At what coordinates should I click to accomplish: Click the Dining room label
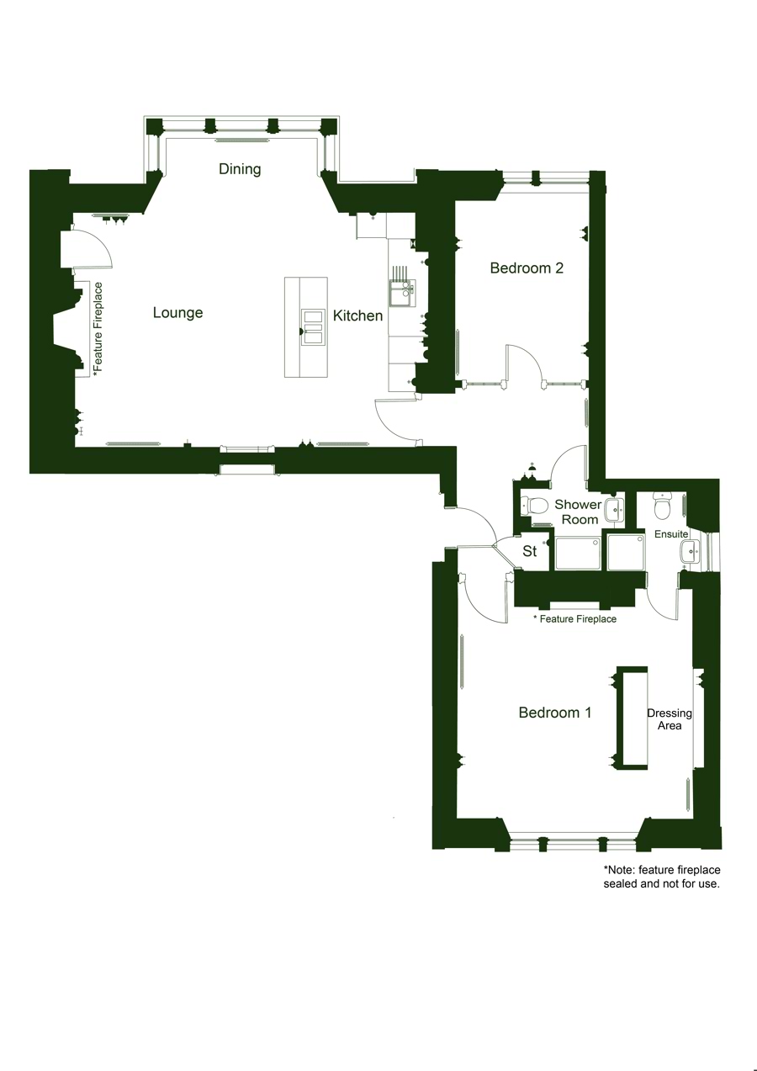pyautogui.click(x=240, y=169)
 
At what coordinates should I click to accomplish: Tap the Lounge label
pyautogui.click(x=177, y=313)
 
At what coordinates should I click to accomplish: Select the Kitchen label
pyautogui.click(x=357, y=316)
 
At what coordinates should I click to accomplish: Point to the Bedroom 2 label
pyautogui.click(x=526, y=268)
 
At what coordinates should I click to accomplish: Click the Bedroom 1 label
pyautogui.click(x=555, y=713)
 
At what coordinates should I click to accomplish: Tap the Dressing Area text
pyautogui.click(x=670, y=719)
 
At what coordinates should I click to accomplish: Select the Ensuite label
pyautogui.click(x=672, y=534)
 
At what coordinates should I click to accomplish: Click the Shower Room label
pyautogui.click(x=578, y=512)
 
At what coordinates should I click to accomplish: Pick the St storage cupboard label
pyautogui.click(x=530, y=553)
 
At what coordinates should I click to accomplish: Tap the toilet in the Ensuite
pyautogui.click(x=662, y=507)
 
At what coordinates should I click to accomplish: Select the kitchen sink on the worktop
pyautogui.click(x=400, y=294)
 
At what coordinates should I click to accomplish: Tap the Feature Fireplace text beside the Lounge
pyautogui.click(x=98, y=327)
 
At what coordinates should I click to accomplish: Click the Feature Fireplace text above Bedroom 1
pyautogui.click(x=575, y=619)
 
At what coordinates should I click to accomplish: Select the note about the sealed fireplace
pyautogui.click(x=662, y=877)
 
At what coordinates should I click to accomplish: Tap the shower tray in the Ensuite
pyautogui.click(x=626, y=553)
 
